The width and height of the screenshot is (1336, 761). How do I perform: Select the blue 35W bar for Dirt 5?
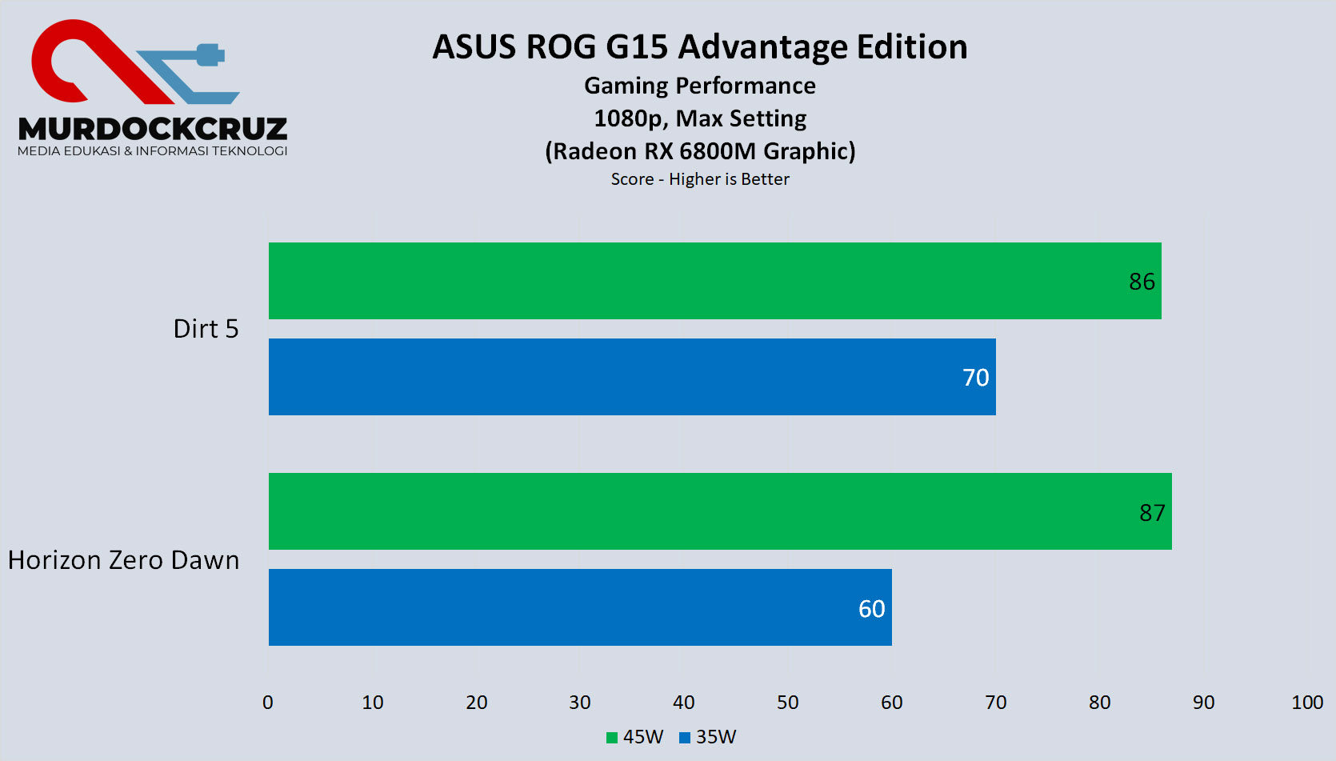[632, 377]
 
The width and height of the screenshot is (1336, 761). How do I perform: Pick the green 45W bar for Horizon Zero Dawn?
[720, 511]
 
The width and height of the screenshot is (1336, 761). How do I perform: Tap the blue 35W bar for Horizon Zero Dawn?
[580, 607]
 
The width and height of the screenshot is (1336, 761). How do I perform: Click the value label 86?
[1142, 282]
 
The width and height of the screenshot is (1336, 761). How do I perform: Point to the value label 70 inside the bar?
[975, 378]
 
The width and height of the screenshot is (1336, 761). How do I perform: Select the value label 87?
[1152, 513]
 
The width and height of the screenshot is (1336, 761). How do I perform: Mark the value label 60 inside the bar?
[871, 609]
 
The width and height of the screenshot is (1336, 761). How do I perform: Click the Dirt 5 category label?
[206, 329]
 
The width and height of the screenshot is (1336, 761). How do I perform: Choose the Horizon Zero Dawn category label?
[124, 560]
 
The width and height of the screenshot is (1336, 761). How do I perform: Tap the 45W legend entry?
[635, 737]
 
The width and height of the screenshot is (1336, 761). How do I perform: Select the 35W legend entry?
[708, 737]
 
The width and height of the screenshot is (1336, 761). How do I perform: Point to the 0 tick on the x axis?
[268, 703]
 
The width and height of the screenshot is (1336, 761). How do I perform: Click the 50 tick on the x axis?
[788, 703]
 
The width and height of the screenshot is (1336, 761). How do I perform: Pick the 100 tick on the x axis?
[1307, 703]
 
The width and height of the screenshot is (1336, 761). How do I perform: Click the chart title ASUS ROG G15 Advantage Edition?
[700, 47]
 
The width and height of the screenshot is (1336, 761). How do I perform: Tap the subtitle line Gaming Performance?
[700, 86]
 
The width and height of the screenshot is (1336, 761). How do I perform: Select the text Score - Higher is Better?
[700, 179]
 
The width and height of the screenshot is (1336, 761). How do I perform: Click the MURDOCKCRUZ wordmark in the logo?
[152, 129]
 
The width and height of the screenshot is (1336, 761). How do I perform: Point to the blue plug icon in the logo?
[210, 55]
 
